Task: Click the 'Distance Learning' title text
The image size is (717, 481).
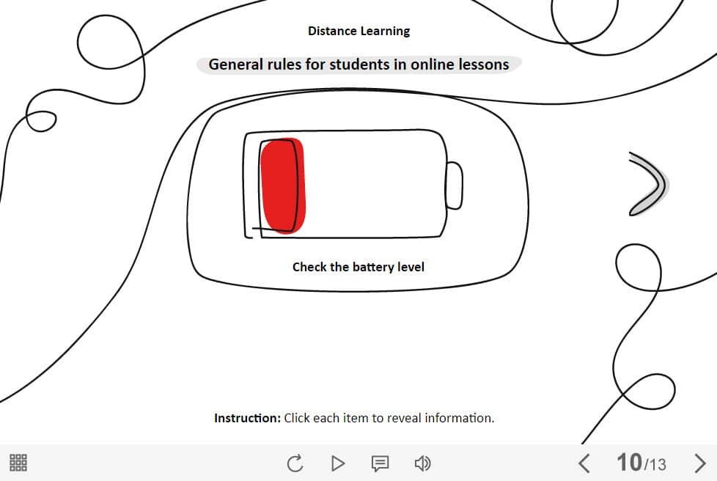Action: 359,31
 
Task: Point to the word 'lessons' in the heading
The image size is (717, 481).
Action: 484,65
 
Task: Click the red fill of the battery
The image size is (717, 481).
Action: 282,186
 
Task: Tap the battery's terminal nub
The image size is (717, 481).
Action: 455,186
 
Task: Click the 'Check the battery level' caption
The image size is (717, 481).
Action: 358,267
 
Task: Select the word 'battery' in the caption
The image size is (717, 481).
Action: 374,267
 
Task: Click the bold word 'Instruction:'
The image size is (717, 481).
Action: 247,418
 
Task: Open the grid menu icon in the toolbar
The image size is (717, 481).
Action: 18,463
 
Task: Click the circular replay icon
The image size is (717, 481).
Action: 295,463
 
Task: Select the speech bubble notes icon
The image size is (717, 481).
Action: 380,463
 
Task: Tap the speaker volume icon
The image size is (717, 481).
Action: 422,463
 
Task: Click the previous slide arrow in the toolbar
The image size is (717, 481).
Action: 584,463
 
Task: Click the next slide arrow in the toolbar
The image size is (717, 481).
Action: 699,463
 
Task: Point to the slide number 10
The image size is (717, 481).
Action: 629,462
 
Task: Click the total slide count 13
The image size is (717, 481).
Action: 657,465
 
